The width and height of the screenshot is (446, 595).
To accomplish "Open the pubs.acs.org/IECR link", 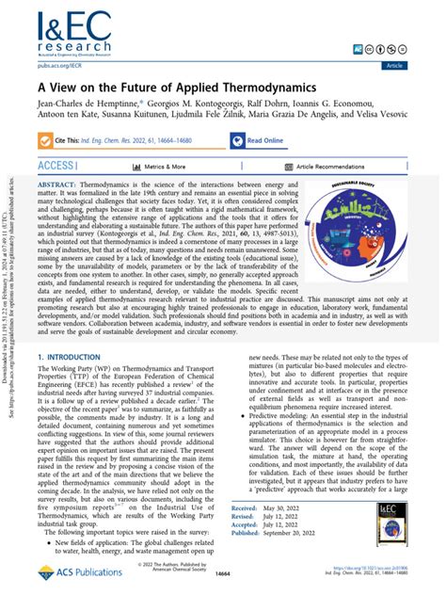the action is click(x=59, y=66).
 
